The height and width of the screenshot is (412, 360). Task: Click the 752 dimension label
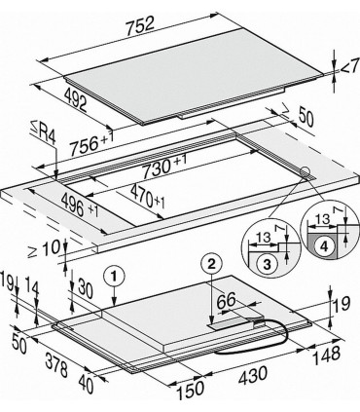click(140, 25)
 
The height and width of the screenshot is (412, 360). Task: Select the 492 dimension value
click(75, 100)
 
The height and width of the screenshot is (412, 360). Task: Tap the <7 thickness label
click(350, 66)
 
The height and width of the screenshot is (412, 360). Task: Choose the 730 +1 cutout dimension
click(164, 165)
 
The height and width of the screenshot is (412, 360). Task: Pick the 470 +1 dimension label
click(148, 197)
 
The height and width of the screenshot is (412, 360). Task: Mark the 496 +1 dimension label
click(80, 206)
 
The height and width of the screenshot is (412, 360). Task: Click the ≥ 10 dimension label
click(45, 248)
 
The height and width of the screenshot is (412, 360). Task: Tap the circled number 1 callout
click(114, 277)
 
